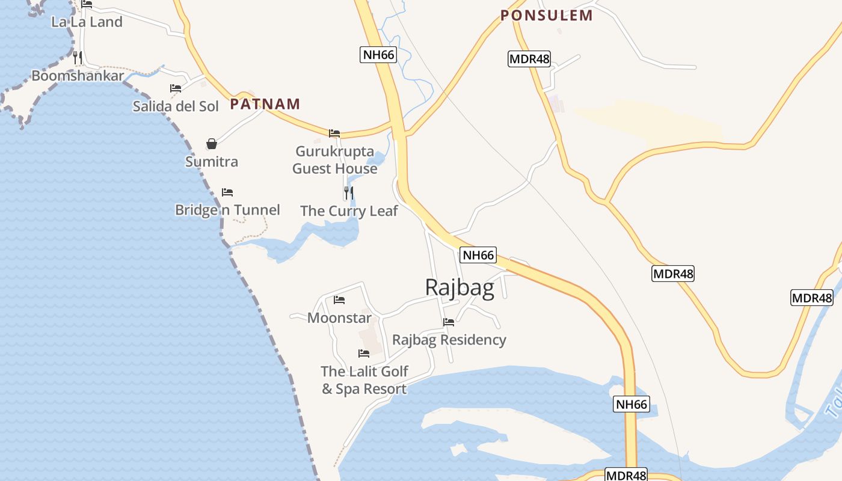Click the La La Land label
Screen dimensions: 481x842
(87, 22)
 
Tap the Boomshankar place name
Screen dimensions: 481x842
(78, 76)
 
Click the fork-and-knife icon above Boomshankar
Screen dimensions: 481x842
(78, 58)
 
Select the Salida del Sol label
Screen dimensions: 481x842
(176, 106)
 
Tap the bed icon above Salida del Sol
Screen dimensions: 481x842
(176, 88)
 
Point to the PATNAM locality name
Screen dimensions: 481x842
(265, 104)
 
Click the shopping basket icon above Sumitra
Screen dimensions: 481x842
(212, 144)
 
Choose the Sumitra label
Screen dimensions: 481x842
(212, 162)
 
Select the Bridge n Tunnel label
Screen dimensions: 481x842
(227, 210)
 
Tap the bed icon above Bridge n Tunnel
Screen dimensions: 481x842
(227, 192)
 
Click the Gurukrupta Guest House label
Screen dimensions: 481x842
(335, 160)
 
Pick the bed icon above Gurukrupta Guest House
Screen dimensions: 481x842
(334, 133)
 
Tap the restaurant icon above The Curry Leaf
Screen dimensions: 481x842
(349, 193)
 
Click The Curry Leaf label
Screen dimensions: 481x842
(349, 211)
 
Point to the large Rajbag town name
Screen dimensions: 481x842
(459, 287)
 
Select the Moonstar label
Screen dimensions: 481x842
(339, 317)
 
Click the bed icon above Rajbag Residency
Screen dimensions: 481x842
(449, 322)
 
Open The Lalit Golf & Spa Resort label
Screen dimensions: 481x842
(364, 380)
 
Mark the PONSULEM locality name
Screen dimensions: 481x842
(547, 16)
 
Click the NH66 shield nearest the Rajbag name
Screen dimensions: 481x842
(478, 255)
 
